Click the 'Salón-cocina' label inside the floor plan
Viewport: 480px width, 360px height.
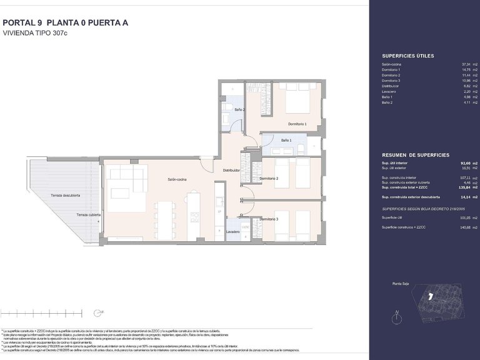click(179, 179)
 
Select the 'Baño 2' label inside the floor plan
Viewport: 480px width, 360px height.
click(239, 109)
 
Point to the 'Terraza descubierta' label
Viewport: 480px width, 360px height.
click(66, 196)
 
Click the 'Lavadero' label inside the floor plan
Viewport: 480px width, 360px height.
click(233, 231)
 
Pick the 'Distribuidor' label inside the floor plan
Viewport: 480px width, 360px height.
click(232, 170)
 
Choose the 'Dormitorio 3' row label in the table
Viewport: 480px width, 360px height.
click(392, 81)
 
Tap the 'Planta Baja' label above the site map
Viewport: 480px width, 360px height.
click(402, 283)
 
